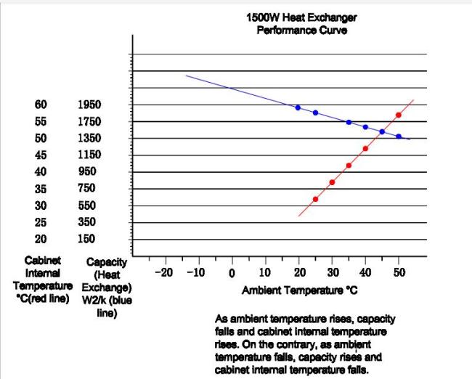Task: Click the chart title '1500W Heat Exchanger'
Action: [301, 17]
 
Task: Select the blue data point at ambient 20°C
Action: [298, 107]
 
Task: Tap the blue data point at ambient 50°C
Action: [399, 136]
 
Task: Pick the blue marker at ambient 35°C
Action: [349, 122]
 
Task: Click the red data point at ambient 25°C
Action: [315, 199]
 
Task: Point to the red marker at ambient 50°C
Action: [399, 115]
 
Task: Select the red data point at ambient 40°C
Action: [365, 148]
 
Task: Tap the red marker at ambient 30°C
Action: [332, 182]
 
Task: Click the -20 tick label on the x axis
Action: [164, 273]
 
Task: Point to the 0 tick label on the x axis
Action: [232, 273]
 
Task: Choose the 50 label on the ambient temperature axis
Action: [399, 272]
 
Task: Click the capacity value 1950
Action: [89, 105]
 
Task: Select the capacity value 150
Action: [86, 239]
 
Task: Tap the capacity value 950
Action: [87, 171]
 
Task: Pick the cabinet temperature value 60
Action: [41, 105]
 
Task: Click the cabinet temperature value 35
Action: [41, 189]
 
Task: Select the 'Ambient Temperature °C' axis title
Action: [300, 290]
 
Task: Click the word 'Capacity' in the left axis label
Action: [107, 262]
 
